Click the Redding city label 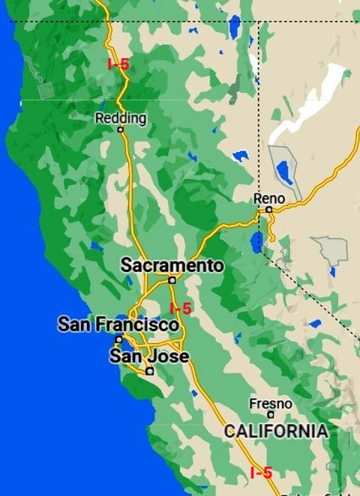121,118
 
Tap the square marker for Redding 120,130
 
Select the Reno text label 270,199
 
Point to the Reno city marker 269,210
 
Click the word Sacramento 172,265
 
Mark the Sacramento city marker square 172,280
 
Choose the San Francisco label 118,325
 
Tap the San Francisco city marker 118,339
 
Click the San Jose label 149,357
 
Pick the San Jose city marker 150,370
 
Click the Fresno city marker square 271,414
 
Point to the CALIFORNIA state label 276,432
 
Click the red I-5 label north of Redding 118,64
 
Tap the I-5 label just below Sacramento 181,308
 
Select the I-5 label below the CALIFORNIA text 261,473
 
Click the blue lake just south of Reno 257,241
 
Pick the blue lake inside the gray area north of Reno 285,172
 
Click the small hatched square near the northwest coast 46,90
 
